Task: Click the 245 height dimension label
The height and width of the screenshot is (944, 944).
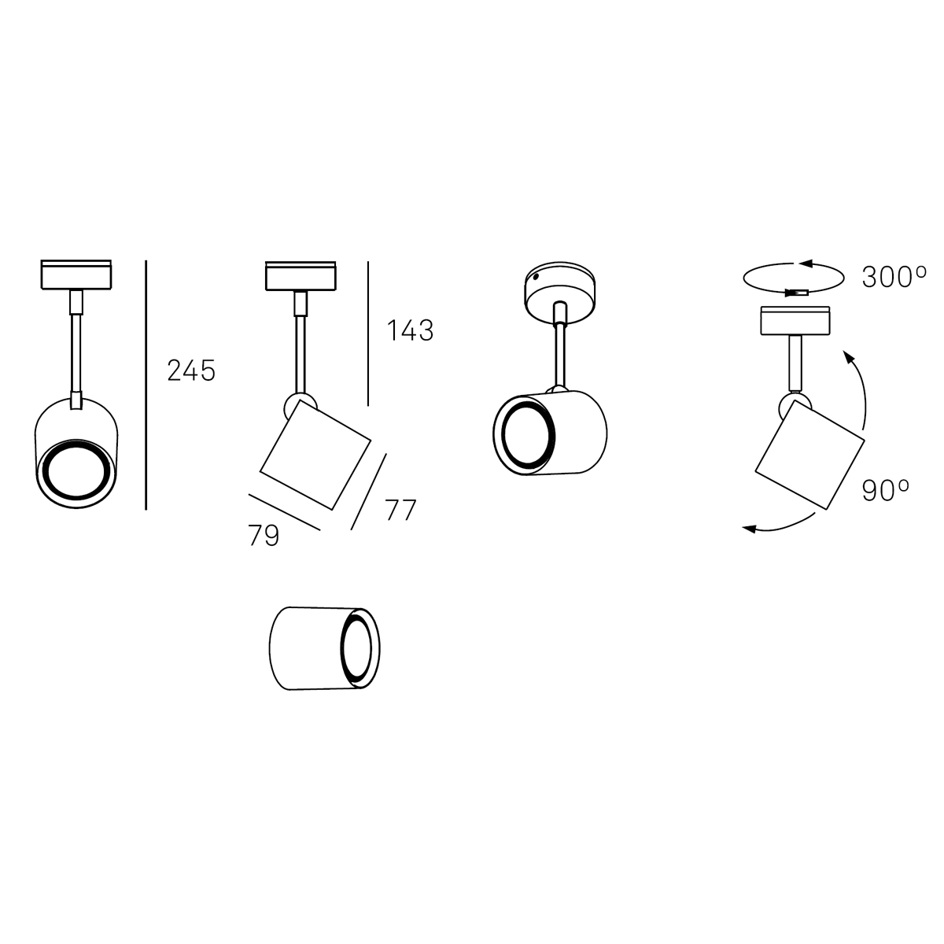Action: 191,371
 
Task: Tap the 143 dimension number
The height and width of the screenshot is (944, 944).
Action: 410,330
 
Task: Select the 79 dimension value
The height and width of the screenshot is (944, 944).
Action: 264,535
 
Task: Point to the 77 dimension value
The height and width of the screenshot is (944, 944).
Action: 400,510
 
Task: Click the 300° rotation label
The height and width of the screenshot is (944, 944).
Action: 894,277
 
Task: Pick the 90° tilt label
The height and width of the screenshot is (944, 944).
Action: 885,490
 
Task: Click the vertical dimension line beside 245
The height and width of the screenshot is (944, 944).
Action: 146,385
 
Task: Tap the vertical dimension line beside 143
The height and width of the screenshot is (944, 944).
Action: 368,334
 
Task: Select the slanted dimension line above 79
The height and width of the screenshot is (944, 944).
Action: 285,512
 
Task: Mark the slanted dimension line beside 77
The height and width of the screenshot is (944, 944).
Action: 368,492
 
